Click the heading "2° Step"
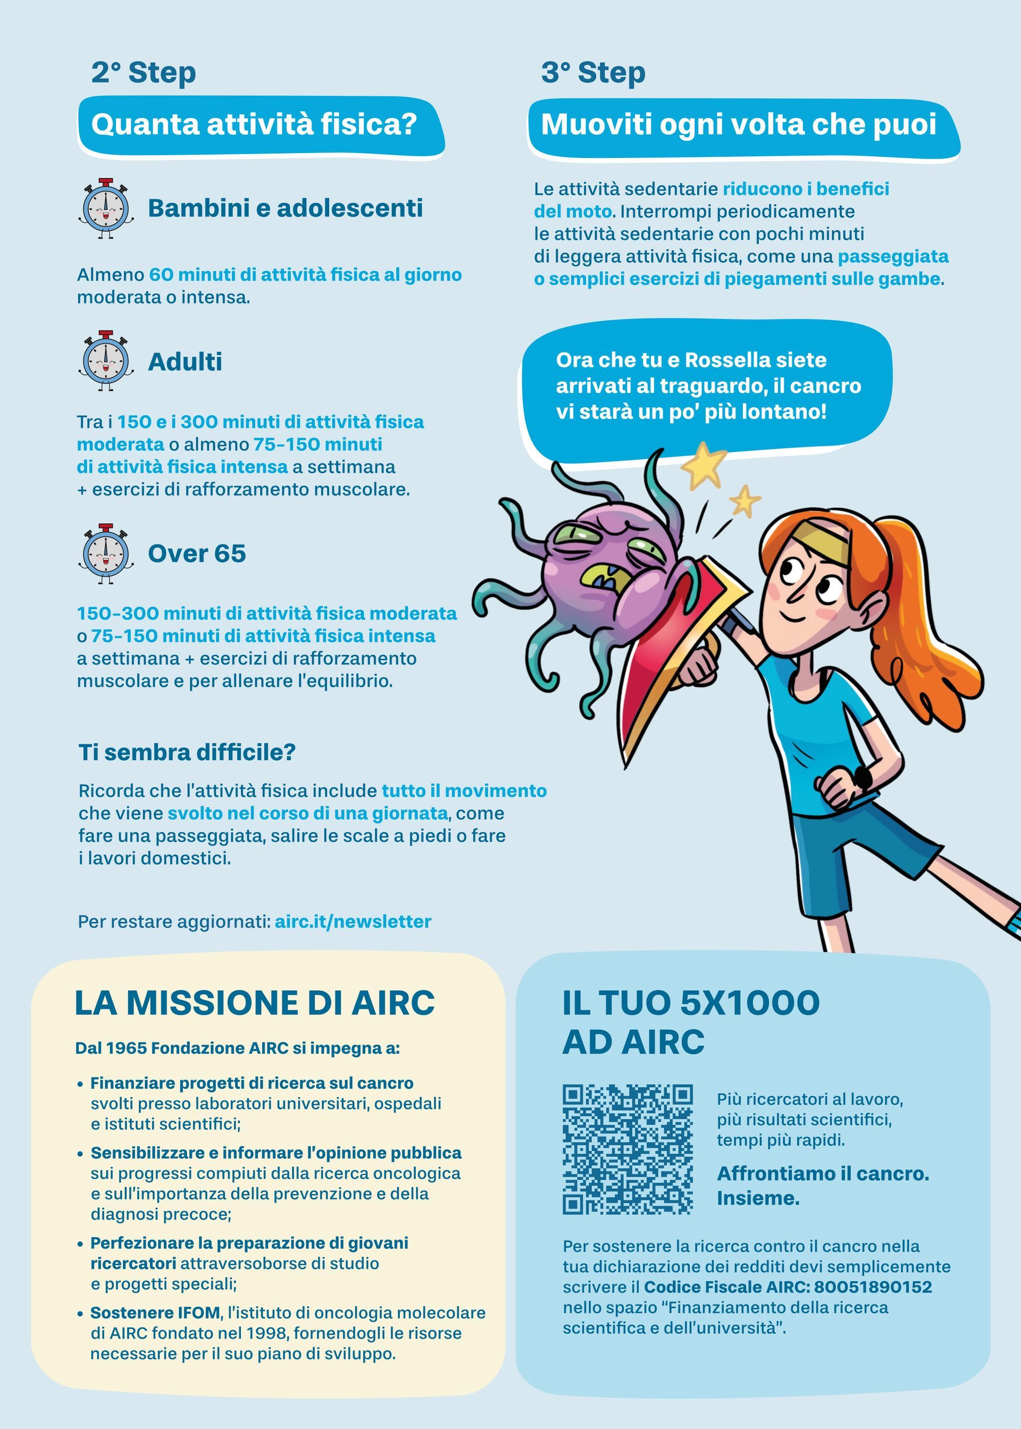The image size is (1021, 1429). click(144, 73)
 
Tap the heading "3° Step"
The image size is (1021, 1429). click(593, 73)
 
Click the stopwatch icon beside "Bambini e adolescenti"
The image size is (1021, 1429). click(106, 208)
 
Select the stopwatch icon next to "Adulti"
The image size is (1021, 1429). click(106, 361)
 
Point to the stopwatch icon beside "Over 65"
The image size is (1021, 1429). click(106, 553)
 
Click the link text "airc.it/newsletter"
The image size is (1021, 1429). click(353, 922)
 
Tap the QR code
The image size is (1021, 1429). click(627, 1149)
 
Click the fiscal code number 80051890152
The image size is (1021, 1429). click(882, 1287)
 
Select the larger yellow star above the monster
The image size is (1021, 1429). click(704, 466)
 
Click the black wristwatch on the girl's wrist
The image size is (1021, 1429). click(862, 779)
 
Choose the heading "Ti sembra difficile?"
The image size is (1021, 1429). click(187, 752)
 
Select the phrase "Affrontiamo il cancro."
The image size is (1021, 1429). click(822, 1173)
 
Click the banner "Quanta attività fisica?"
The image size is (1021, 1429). click(254, 124)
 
